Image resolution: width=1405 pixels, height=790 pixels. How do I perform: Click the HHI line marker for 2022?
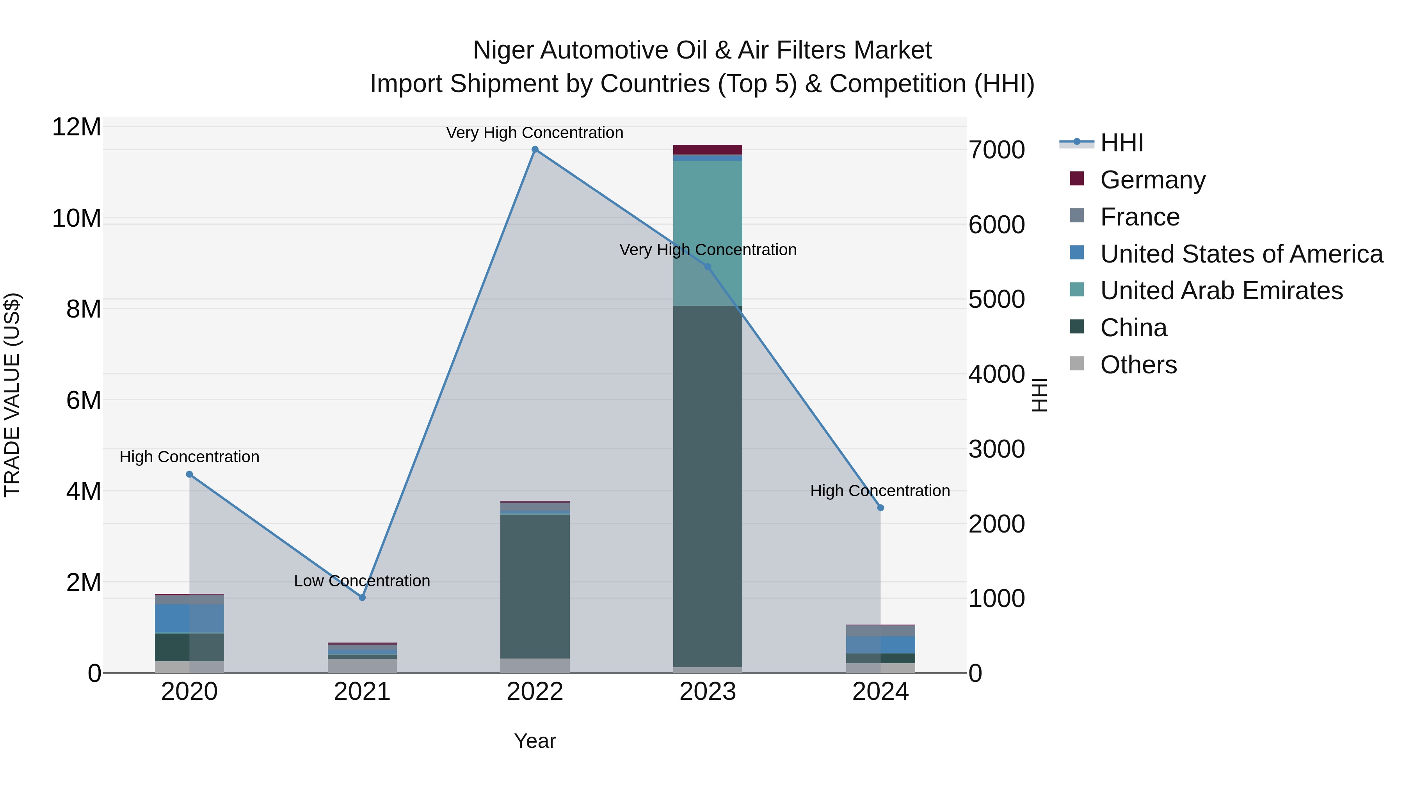click(x=535, y=149)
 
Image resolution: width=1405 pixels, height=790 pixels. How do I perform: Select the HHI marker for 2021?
click(x=362, y=598)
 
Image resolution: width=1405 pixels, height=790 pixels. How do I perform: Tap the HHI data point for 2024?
click(x=880, y=508)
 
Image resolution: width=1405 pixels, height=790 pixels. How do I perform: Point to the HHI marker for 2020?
click(x=189, y=474)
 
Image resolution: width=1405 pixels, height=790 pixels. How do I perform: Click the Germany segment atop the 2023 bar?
click(x=708, y=149)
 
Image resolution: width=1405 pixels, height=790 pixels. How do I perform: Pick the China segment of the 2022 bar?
click(x=535, y=586)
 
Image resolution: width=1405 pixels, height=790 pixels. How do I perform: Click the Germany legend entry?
click(x=1152, y=180)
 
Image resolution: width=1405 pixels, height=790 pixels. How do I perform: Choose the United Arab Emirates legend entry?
click(x=1221, y=291)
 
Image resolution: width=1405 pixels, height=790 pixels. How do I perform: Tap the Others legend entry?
click(x=1138, y=365)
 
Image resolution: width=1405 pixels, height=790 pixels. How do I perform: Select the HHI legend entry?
click(x=1121, y=143)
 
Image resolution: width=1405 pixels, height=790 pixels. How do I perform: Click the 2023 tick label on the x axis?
click(x=708, y=692)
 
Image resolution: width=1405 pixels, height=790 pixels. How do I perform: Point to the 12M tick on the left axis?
click(x=76, y=127)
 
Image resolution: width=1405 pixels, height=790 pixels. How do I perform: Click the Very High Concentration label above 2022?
click(x=535, y=133)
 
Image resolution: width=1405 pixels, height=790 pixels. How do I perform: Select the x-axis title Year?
click(x=535, y=741)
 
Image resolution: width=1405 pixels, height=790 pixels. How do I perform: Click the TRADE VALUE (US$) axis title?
click(x=12, y=395)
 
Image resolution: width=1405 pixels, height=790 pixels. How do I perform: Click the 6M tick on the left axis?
click(x=84, y=400)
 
